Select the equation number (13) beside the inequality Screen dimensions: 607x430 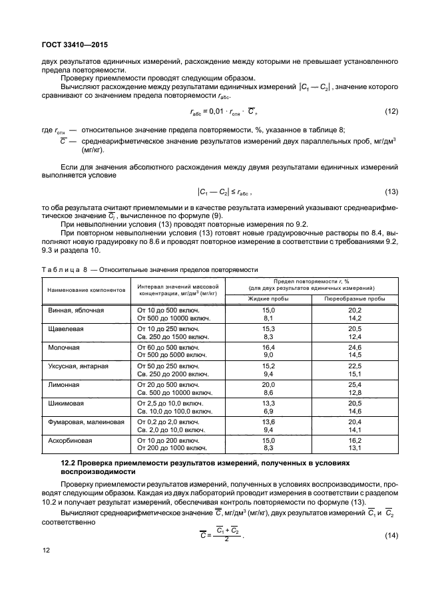pyautogui.click(x=391, y=192)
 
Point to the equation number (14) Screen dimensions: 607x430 pyautogui.click(x=391, y=536)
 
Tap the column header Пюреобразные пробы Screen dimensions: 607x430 pyautogui.click(x=355, y=299)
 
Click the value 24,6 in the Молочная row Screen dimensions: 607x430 pyautogui.click(x=355, y=347)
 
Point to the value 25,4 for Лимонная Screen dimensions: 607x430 pyautogui.click(x=355, y=384)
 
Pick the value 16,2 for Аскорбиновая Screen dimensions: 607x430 pyautogui.click(x=355, y=440)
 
